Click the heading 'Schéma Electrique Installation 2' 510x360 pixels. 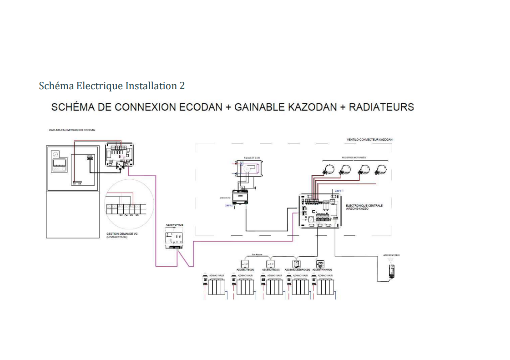click(x=112, y=86)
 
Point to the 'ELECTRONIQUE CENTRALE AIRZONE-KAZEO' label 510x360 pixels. click(x=364, y=207)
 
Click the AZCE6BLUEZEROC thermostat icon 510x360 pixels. click(x=296, y=264)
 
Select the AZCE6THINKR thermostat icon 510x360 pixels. click(x=320, y=264)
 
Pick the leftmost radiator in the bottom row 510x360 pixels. click(x=214, y=286)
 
